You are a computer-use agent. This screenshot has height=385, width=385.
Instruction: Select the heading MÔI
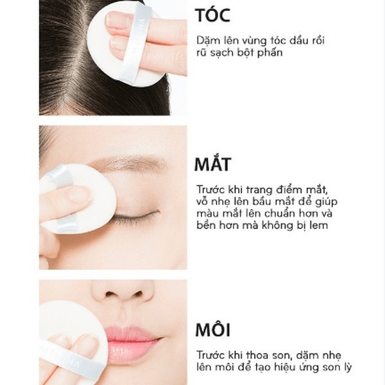[x=212, y=331]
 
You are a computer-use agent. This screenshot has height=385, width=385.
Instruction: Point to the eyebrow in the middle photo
[x=132, y=164]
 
